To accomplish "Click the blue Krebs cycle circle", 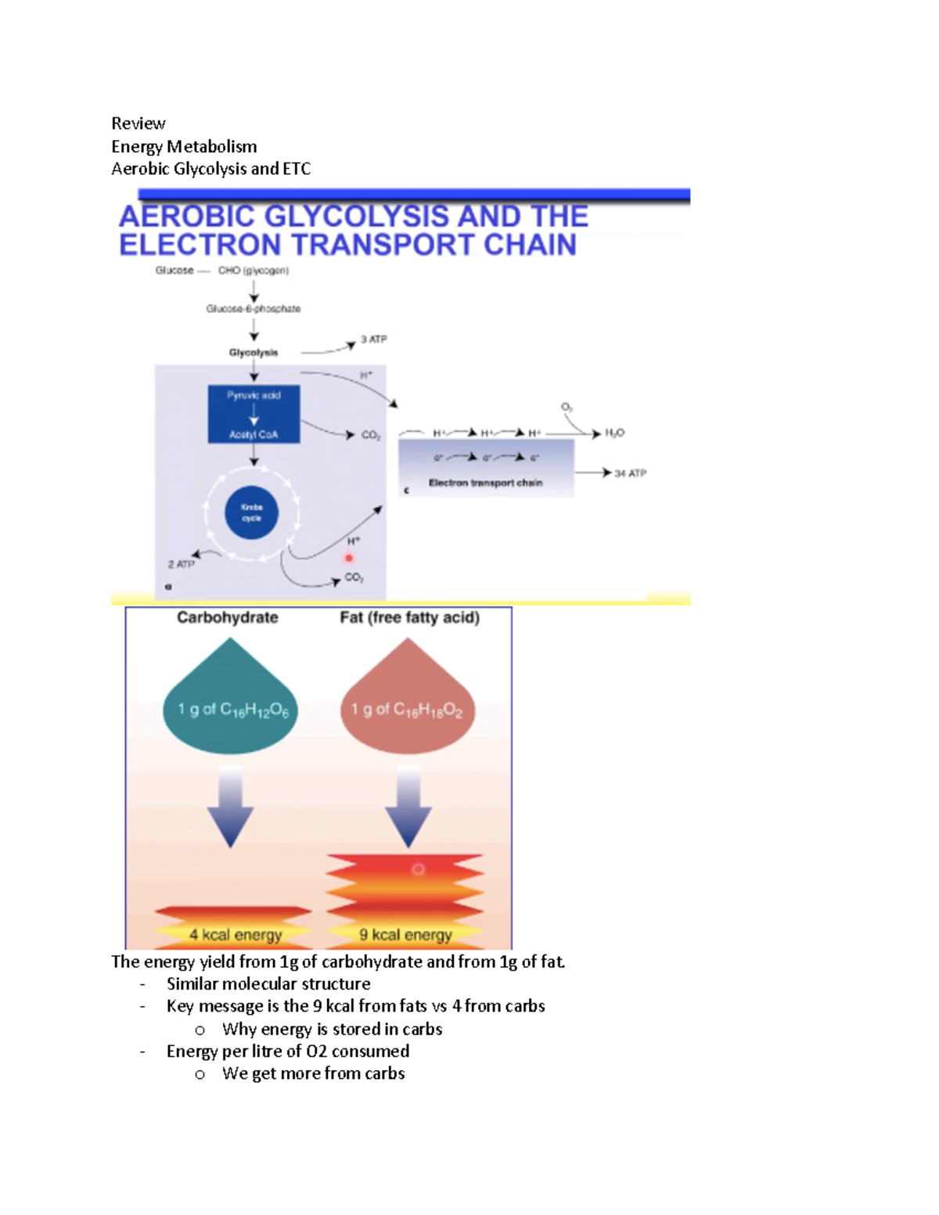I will (x=251, y=513).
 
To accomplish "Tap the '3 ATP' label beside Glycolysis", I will (x=373, y=340).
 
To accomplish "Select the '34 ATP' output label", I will (x=630, y=473).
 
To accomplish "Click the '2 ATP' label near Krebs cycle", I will (x=181, y=564).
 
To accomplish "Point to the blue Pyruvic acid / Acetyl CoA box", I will (x=254, y=415).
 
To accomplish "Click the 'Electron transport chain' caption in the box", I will (x=485, y=483).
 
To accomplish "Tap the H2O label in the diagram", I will (x=614, y=433).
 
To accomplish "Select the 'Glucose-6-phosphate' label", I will (x=253, y=309).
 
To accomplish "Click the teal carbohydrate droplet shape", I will (x=230, y=704).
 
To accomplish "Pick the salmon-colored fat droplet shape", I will (x=407, y=704).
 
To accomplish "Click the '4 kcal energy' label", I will (x=235, y=935).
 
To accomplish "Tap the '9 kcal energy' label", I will (x=405, y=935).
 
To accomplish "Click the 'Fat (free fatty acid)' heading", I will (x=409, y=617).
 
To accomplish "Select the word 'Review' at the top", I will (x=138, y=124).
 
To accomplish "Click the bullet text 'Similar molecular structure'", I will (x=268, y=984).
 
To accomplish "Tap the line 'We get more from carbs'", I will (x=313, y=1073).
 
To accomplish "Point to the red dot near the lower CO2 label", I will (x=349, y=558).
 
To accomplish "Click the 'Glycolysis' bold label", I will (x=253, y=353).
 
